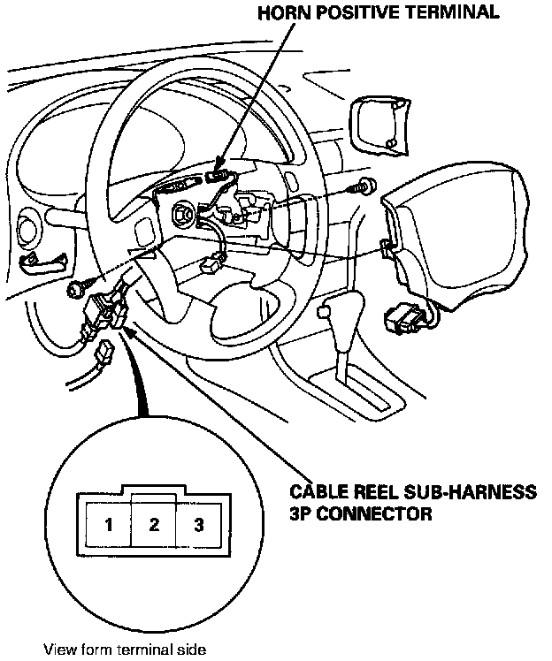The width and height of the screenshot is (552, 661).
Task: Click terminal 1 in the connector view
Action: [108, 525]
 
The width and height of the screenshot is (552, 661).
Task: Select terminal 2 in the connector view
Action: [154, 525]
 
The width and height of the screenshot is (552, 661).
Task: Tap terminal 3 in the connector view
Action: [199, 525]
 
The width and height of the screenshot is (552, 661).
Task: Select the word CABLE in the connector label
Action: [317, 492]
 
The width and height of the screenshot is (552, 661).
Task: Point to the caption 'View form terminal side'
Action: [125, 650]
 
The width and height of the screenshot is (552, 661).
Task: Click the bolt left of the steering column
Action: [78, 287]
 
